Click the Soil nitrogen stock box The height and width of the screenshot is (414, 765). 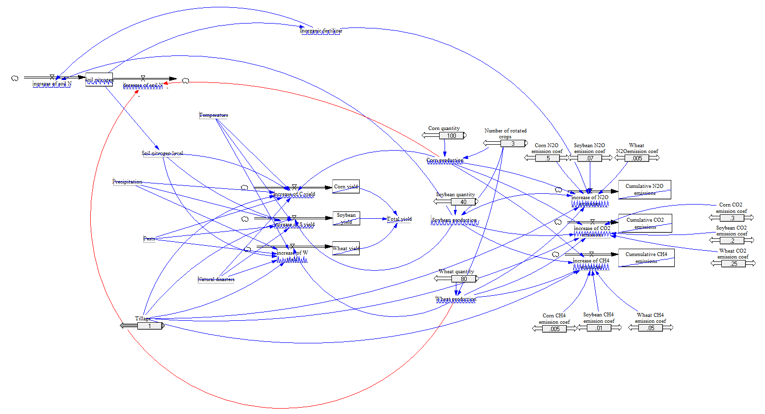point(99,80)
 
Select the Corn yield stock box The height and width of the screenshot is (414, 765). point(346,186)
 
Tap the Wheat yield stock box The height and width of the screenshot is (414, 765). point(346,248)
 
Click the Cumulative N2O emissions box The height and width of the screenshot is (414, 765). point(644,190)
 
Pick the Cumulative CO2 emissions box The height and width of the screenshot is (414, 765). point(645,223)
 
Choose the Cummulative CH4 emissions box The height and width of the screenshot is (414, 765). point(646,258)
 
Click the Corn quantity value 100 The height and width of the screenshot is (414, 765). point(451,136)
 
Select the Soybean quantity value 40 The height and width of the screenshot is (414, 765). point(463,202)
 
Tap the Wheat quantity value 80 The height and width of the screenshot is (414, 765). point(464,279)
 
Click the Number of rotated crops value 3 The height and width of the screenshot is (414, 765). point(513,144)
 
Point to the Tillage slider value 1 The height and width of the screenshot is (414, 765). point(150,326)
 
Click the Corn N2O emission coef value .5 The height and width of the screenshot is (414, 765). point(547,158)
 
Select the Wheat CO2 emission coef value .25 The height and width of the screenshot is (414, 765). point(734,264)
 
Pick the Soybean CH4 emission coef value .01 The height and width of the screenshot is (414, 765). point(599,328)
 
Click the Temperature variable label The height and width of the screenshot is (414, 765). point(213,115)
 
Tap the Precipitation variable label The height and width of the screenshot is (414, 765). point(127,182)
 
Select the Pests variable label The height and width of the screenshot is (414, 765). point(149,239)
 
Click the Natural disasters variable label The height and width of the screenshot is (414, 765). point(216,280)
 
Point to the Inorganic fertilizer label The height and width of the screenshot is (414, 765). point(321,31)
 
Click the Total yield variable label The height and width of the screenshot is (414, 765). point(399,219)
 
